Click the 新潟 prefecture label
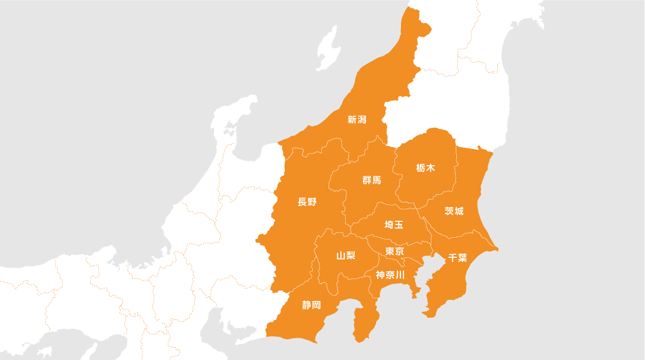click(x=357, y=120)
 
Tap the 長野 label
click(x=307, y=202)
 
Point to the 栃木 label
click(x=426, y=168)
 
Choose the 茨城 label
click(x=454, y=211)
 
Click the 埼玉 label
click(x=394, y=225)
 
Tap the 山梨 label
click(x=346, y=255)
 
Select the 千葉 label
click(x=458, y=257)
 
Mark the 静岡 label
click(x=312, y=305)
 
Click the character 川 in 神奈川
click(x=400, y=275)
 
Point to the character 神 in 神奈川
click(x=380, y=275)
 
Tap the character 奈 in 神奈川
click(x=390, y=275)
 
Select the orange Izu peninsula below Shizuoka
click(x=365, y=322)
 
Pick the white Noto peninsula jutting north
click(x=234, y=122)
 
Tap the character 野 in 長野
click(x=312, y=202)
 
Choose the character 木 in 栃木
click(x=431, y=168)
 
